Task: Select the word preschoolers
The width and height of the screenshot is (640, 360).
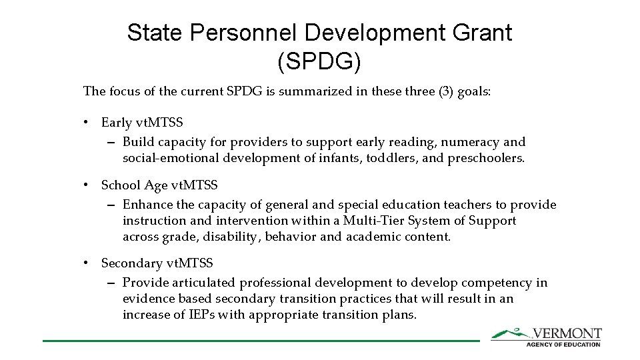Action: pos(486,158)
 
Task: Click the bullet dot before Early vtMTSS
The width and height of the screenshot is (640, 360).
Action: pos(87,123)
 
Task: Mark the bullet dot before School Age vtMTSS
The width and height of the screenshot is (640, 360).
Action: pos(87,185)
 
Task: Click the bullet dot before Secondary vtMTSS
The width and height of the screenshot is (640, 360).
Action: pos(87,263)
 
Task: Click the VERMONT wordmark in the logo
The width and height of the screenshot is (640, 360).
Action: pos(567,333)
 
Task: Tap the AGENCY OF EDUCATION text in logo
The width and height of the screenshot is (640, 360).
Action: pos(563,344)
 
